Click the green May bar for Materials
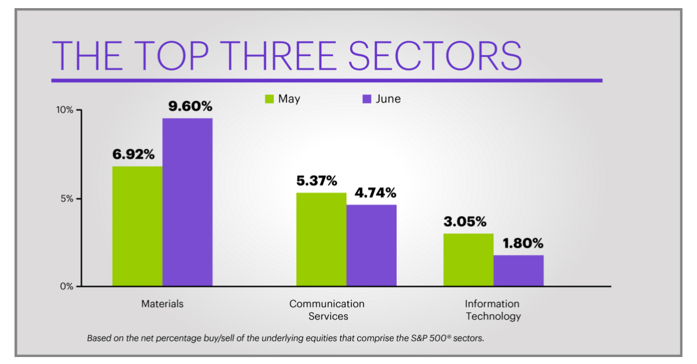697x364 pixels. pyautogui.click(x=137, y=226)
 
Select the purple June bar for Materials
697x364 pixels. pyautogui.click(x=187, y=202)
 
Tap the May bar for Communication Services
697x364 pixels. pyautogui.click(x=321, y=239)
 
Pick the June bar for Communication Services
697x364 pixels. pyautogui.click(x=371, y=245)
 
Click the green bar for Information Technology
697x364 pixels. pyautogui.click(x=468, y=260)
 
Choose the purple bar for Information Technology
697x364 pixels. pyautogui.click(x=518, y=271)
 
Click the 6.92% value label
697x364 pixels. pyautogui.click(x=134, y=154)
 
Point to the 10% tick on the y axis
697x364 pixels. pyautogui.click(x=64, y=110)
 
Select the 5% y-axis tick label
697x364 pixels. pyautogui.click(x=66, y=199)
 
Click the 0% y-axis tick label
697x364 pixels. pyautogui.click(x=66, y=286)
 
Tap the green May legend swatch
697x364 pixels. pyautogui.click(x=269, y=99)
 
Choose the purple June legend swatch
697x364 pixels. pyautogui.click(x=367, y=99)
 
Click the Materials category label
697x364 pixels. pyautogui.click(x=162, y=304)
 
